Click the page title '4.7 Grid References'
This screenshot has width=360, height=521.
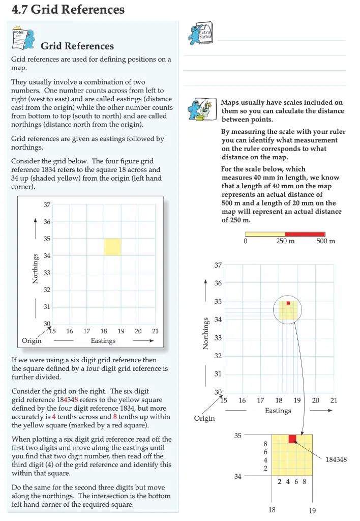tap(68, 10)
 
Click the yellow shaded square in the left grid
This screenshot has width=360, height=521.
tap(112, 247)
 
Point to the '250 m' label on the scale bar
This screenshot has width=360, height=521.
tap(285, 241)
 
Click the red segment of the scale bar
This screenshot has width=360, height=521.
tap(305, 233)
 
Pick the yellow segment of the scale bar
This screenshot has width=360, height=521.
tap(265, 233)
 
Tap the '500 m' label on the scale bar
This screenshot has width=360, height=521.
tap(325, 241)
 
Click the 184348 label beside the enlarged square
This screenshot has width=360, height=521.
tap(336, 459)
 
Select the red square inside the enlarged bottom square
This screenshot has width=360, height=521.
tap(292, 439)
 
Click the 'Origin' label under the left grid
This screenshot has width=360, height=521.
tap(32, 341)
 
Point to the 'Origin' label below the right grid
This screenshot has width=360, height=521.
tap(204, 418)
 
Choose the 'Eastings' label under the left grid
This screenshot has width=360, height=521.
tap(103, 341)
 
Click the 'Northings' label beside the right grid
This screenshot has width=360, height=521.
tap(206, 334)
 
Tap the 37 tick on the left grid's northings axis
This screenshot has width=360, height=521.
tap(47, 205)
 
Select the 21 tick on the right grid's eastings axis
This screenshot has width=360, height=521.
tap(334, 400)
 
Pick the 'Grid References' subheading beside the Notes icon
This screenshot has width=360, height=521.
tap(77, 46)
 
